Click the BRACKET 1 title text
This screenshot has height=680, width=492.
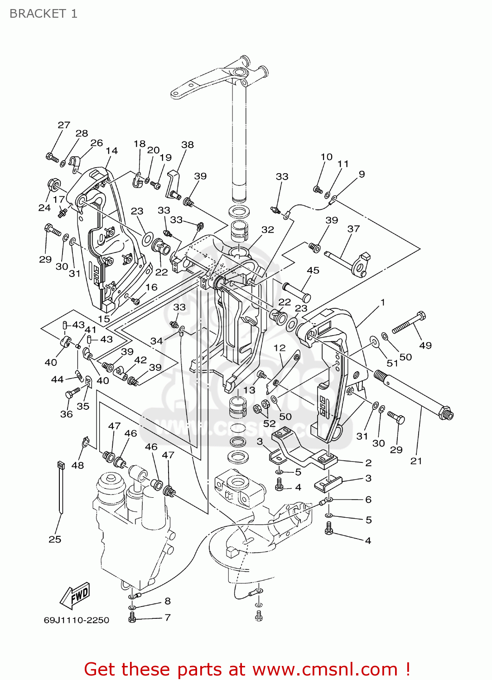pos(43,14)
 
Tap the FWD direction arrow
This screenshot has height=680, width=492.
pos(76,595)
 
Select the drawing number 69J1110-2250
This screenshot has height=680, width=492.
pos(76,620)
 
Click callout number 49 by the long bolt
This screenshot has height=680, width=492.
pos(425,345)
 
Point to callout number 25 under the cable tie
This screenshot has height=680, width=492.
pos(55,539)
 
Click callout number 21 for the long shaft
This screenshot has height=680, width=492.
pos(416,461)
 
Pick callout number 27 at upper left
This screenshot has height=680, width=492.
pos(64,125)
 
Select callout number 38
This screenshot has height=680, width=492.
pos(188,145)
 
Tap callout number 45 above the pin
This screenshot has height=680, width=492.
pos(313,270)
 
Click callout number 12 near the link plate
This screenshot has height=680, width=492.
pos(280,348)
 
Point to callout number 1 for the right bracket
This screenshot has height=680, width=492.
pos(383,302)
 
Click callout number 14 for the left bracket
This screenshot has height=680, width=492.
pos(111,151)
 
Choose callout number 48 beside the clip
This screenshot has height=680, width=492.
pos(77,465)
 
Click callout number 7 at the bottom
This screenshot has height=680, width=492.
pos(168,617)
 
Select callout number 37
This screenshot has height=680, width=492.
pos(353,229)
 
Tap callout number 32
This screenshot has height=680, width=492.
pos(268,230)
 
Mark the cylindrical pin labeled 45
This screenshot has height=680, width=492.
pos(297,292)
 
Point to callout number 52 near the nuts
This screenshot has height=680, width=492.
pos(269,423)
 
